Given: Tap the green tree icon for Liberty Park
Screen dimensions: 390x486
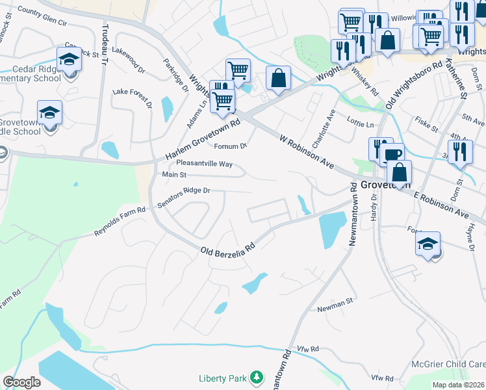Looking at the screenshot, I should coord(257,377).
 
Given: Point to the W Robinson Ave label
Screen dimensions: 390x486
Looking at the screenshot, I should coord(307,152).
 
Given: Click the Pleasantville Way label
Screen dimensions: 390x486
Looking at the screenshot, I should coord(204,164).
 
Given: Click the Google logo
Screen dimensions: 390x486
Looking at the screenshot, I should coord(21,382).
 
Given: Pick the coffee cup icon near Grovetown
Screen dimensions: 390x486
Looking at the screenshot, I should coord(392,155).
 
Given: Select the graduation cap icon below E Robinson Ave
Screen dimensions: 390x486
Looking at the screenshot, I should coord(428,244).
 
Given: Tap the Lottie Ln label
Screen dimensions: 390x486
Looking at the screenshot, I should coord(361,124).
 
